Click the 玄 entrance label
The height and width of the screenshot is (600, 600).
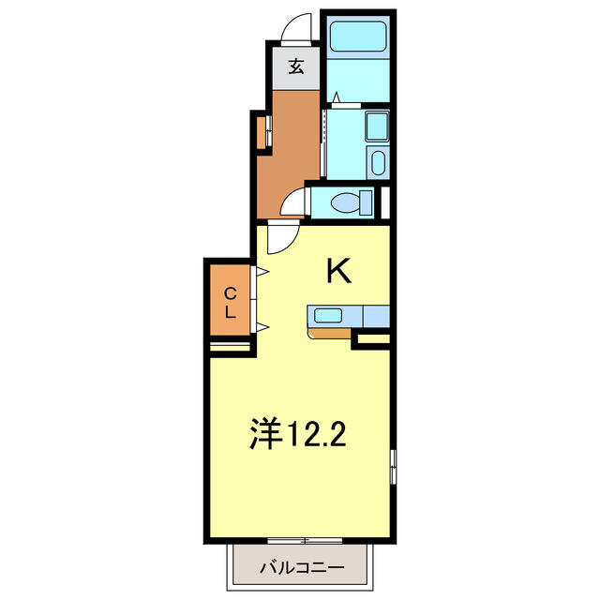[x=296, y=67]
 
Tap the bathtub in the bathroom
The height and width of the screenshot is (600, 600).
[x=358, y=37]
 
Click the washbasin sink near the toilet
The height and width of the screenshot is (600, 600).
[x=378, y=163]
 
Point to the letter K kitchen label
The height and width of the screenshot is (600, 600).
[x=338, y=271]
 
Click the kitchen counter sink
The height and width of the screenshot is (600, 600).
[x=328, y=316]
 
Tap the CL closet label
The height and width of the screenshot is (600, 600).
[x=230, y=304]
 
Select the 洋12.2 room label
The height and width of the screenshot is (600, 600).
[x=298, y=433]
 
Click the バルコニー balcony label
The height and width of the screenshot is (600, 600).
[x=302, y=567]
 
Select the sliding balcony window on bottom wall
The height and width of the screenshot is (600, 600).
[x=305, y=541]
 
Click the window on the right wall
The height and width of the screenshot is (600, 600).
[x=393, y=467]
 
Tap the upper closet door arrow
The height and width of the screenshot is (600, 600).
[x=262, y=272]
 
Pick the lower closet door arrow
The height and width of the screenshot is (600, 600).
[x=262, y=327]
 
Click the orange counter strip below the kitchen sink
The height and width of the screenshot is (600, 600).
[x=329, y=334]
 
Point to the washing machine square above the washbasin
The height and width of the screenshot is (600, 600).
[x=378, y=127]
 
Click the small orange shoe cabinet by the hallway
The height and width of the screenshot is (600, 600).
[x=261, y=132]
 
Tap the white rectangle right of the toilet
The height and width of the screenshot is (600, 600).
[x=385, y=202]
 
